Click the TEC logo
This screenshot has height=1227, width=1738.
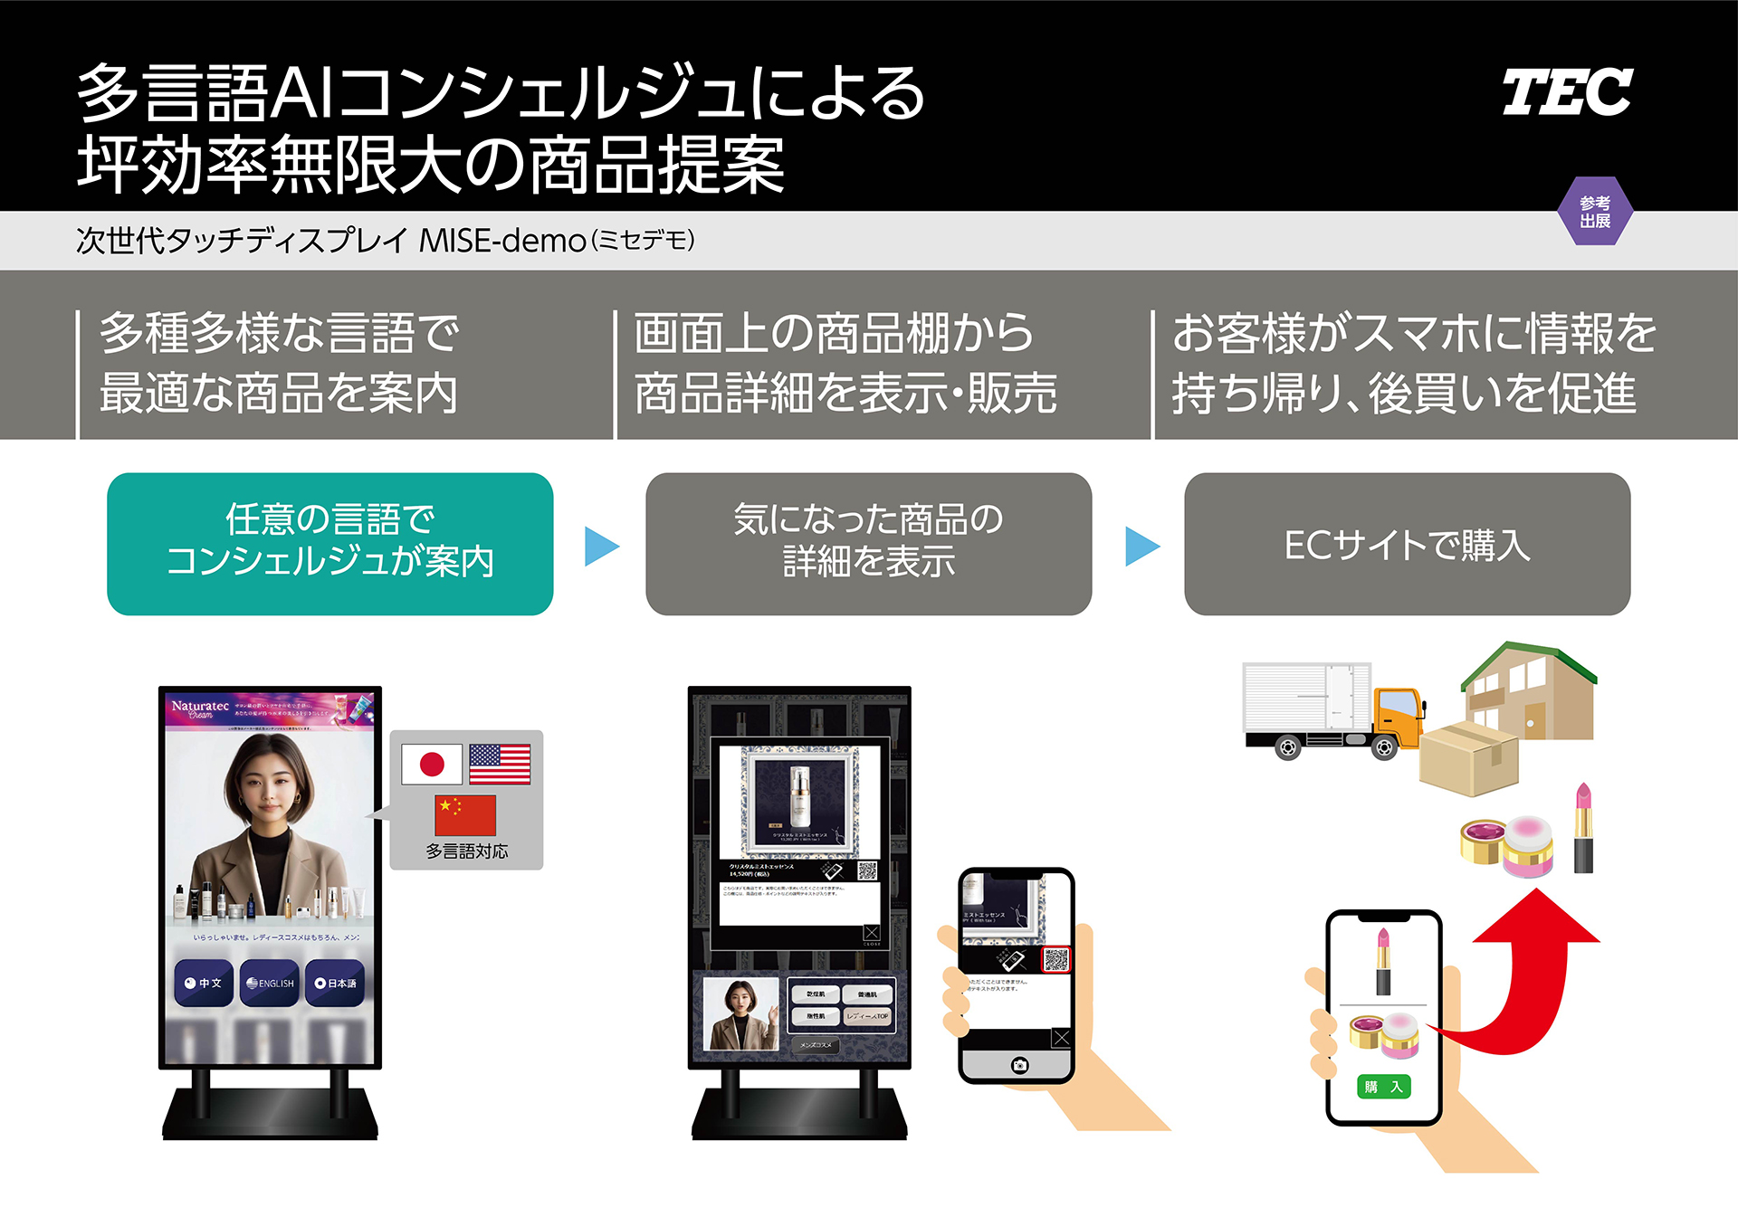(x=1567, y=92)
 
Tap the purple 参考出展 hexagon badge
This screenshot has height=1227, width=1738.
(x=1595, y=212)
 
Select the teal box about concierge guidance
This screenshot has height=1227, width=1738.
(x=329, y=544)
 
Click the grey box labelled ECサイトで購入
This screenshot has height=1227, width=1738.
(x=1407, y=544)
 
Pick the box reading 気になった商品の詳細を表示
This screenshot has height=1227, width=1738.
(x=868, y=544)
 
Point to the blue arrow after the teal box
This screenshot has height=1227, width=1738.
(x=600, y=546)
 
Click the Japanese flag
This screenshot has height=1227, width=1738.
(x=432, y=765)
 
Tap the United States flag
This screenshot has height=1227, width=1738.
(x=500, y=764)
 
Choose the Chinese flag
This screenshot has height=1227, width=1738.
(x=465, y=814)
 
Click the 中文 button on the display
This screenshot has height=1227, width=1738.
(x=205, y=983)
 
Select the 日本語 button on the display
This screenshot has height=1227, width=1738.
(x=336, y=983)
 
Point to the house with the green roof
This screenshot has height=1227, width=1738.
(x=1530, y=692)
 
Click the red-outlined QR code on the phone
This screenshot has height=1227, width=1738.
(x=1056, y=959)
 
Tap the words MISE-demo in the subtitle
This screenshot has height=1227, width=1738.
(x=502, y=241)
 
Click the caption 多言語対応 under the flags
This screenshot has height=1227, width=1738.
(x=466, y=851)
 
